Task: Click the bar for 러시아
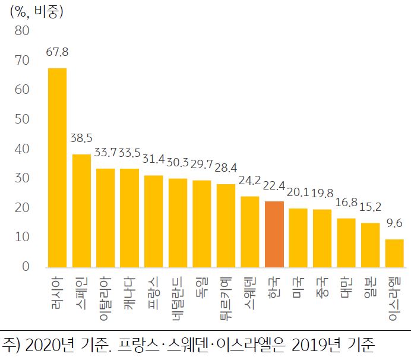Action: (x=57, y=168)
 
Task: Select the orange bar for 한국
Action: (x=274, y=234)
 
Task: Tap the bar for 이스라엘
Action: (x=394, y=253)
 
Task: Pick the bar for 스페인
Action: (x=81, y=210)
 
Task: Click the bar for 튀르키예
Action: (x=226, y=225)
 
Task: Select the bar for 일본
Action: (x=370, y=245)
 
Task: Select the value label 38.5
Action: (x=81, y=138)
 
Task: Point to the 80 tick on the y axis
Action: (x=22, y=30)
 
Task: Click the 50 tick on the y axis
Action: (x=22, y=119)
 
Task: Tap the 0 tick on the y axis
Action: (x=26, y=267)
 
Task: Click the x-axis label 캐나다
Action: (x=129, y=293)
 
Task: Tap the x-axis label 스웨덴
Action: (x=250, y=293)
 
